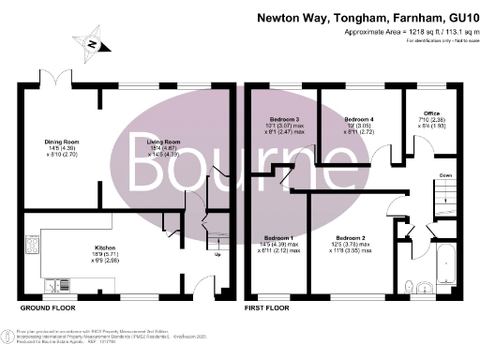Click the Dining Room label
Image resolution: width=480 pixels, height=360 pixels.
[63, 142]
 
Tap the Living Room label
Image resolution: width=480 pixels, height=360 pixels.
[162, 142]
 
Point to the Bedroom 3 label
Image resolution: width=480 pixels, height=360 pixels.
[282, 121]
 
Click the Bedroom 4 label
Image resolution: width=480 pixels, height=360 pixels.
[360, 121]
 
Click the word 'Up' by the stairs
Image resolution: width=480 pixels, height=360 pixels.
[218, 254]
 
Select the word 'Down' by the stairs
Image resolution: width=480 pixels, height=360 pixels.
[446, 175]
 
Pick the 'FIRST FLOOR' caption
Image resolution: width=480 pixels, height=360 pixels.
[268, 307]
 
